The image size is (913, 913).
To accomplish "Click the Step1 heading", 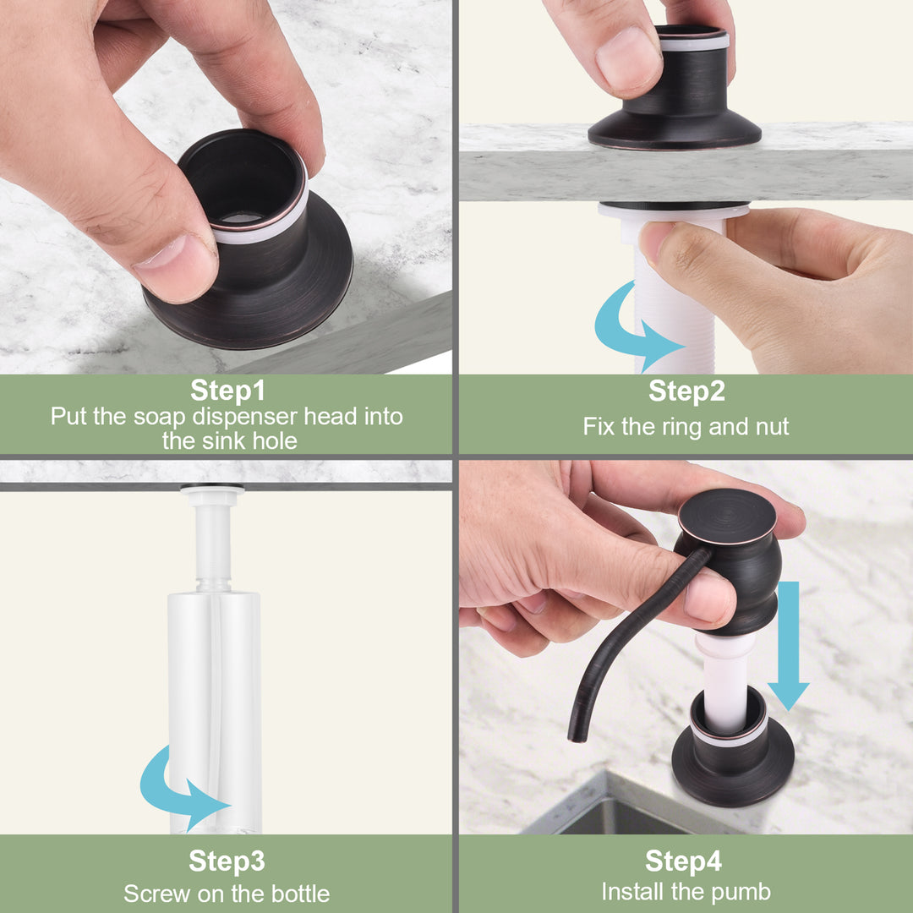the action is pos(227,390).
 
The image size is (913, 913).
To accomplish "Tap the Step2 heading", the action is pos(687,390).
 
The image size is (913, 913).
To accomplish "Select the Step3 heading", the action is pos(227,861).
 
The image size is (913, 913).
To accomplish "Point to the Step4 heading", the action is pos(684,861).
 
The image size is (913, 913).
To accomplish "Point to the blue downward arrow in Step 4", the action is pos(789,645).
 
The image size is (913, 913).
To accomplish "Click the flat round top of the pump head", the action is pos(727,516).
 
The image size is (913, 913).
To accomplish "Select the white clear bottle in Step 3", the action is pos(214,710).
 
